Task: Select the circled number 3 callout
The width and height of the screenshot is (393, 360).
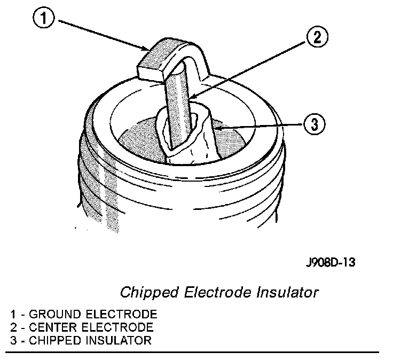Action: pyautogui.click(x=314, y=124)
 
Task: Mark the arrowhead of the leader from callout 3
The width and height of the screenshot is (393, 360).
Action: pyautogui.click(x=218, y=129)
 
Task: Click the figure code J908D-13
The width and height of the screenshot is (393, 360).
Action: pyautogui.click(x=330, y=262)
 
